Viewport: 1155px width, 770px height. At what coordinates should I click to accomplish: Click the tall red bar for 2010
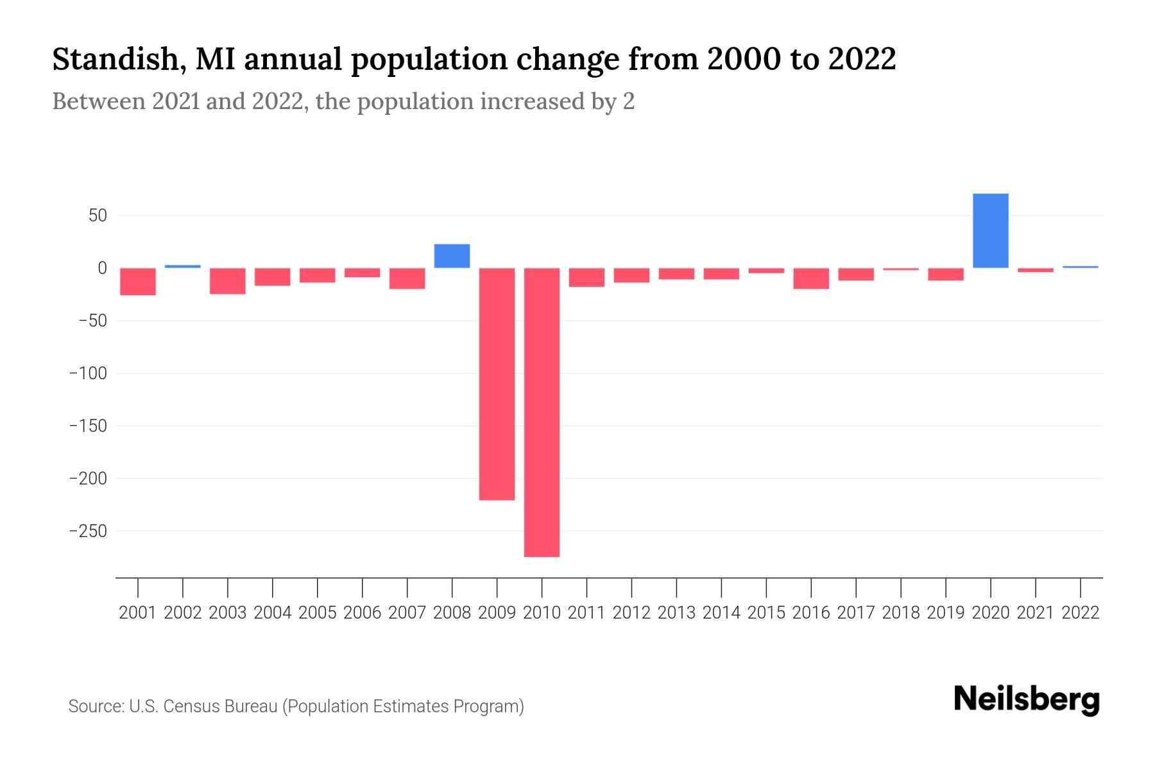coord(542,412)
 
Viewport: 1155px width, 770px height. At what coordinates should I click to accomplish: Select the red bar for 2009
coord(497,384)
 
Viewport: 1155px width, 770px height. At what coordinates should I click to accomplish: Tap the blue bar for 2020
coord(990,231)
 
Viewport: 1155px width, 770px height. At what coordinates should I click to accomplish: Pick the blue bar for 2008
coord(452,256)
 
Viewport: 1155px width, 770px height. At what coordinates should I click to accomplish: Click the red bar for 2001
coord(138,282)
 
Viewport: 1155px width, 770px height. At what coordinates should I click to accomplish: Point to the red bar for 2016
coord(810,278)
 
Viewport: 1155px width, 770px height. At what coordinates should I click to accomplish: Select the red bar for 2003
coord(228,281)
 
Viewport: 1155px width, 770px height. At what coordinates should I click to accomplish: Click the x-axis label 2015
coord(766,613)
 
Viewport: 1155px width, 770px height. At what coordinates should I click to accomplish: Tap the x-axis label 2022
coord(1080,613)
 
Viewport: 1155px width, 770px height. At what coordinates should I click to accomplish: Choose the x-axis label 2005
coord(317,613)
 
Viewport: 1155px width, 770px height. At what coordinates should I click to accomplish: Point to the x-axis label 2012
coord(631,613)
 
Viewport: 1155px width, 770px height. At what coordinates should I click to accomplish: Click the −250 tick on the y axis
coord(88,531)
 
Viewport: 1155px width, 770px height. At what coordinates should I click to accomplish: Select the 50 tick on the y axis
coord(98,216)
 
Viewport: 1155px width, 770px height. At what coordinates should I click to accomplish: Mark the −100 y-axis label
coord(88,373)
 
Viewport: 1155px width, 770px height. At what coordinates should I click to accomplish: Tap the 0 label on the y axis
coord(101,268)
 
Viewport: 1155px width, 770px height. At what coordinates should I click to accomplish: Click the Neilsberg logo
coord(1027,699)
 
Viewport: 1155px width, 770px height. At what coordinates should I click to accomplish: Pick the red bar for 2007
coord(407,278)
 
